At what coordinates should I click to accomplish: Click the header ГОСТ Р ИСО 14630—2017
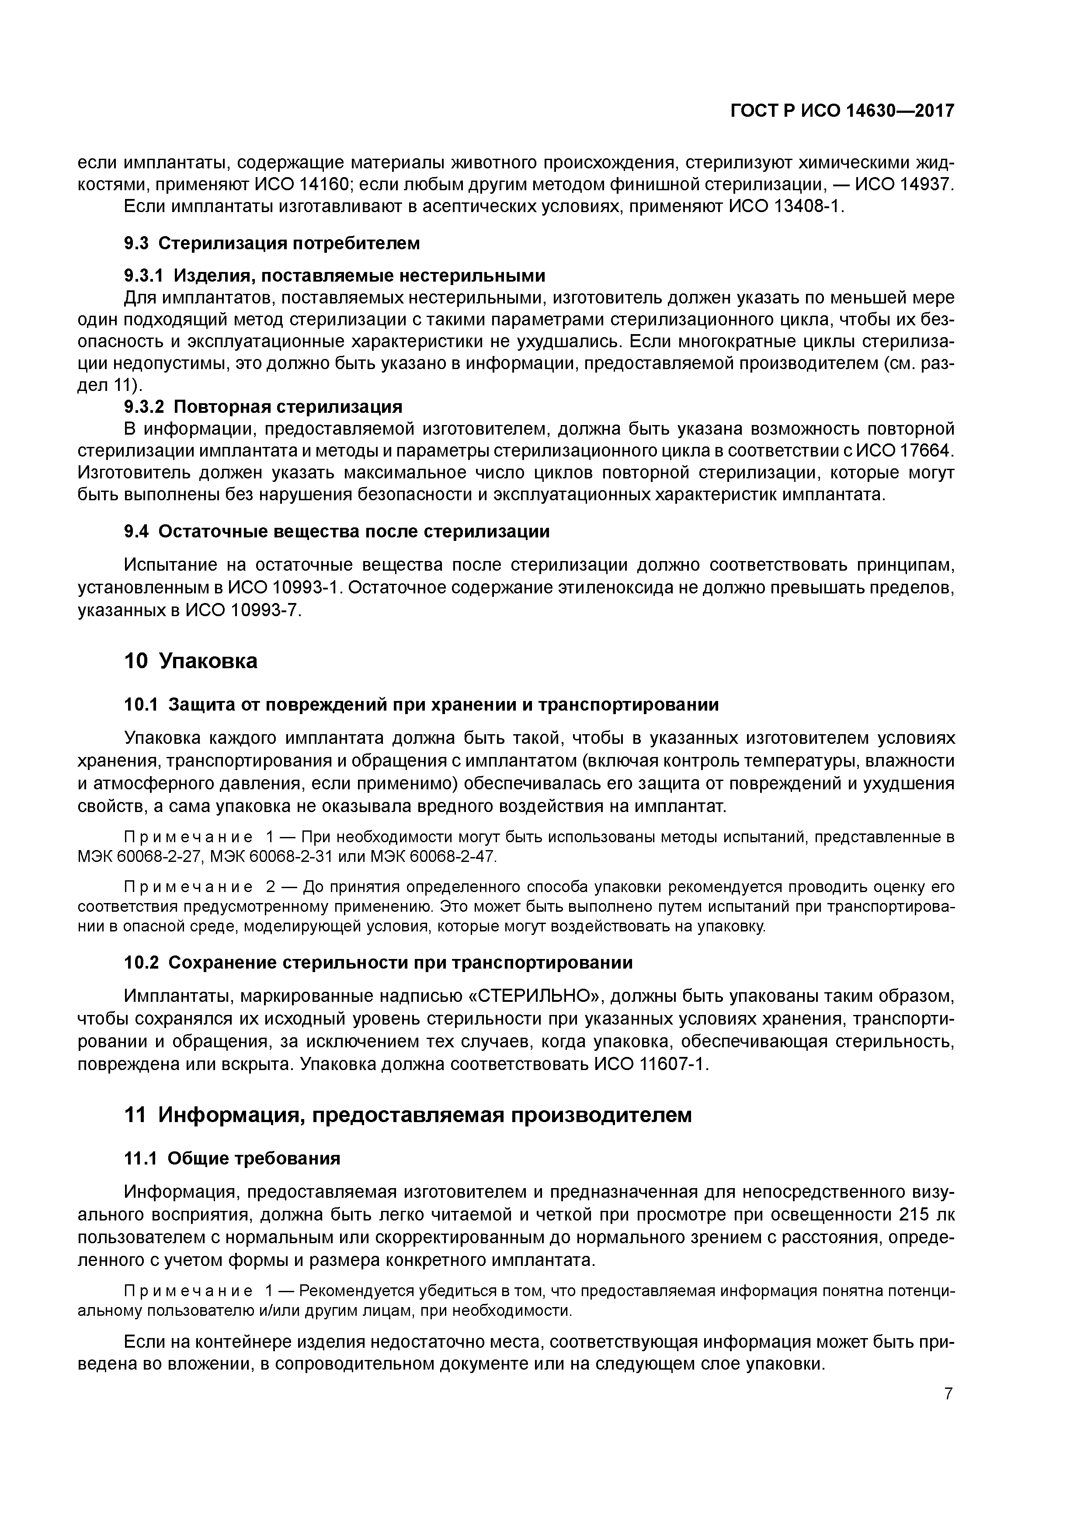tap(842, 111)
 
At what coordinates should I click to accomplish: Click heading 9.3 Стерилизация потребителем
tap(272, 243)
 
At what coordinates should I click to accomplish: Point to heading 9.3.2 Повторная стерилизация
tap(264, 406)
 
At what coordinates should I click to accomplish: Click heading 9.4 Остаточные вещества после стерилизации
tap(337, 532)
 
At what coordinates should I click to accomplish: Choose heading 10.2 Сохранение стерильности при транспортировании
tap(379, 963)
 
